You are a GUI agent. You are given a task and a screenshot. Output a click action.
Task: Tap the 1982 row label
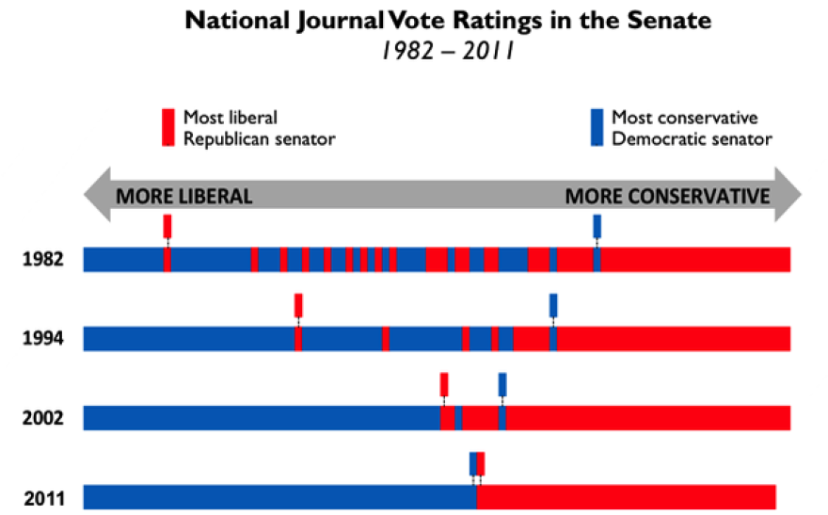coord(43,260)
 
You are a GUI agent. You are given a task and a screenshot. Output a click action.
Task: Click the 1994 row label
coord(43,339)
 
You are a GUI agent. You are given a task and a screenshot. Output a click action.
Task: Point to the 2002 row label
coord(43,418)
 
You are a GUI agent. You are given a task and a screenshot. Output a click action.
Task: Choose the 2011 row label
coord(43,497)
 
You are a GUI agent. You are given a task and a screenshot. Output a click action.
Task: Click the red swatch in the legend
coord(167,127)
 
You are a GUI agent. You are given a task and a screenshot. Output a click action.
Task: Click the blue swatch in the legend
coord(597,127)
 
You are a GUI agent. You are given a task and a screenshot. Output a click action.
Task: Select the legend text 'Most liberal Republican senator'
coord(259,128)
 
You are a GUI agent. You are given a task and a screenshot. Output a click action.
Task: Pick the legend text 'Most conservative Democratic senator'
coord(692,128)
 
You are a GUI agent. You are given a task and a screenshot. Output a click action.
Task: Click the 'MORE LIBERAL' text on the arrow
coord(183,197)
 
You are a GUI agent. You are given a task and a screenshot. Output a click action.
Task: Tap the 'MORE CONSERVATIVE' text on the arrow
coord(667,197)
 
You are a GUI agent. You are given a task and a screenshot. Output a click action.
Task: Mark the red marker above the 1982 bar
coord(167,226)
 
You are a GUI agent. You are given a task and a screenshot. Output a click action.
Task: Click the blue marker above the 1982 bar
coord(597,226)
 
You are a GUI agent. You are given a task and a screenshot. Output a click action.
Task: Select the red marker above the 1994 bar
coord(298,305)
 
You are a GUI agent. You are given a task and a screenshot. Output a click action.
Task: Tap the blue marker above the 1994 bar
coord(553,305)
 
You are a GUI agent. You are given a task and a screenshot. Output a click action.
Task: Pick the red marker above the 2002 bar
coord(444,384)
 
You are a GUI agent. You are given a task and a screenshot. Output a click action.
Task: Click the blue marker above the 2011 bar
coord(473,463)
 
